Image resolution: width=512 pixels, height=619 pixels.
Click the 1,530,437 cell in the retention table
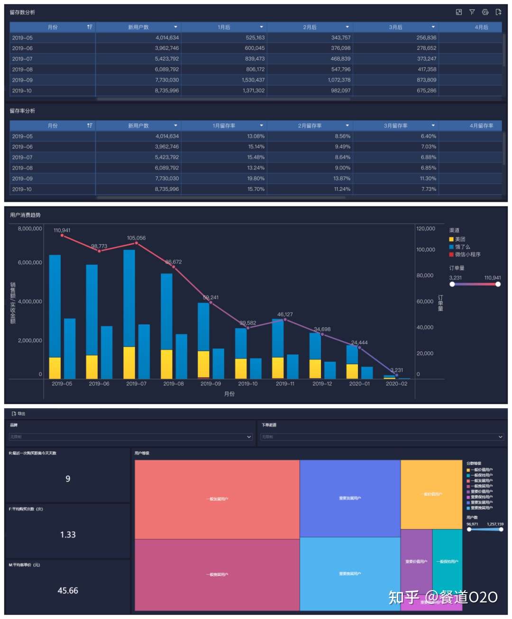pos(253,80)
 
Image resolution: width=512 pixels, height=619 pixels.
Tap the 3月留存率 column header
pos(395,126)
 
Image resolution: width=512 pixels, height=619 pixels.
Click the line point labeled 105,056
pos(137,243)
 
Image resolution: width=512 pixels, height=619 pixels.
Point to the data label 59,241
pos(211,297)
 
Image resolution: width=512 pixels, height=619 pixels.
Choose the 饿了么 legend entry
pos(462,247)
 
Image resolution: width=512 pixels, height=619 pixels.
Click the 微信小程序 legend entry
pos(467,254)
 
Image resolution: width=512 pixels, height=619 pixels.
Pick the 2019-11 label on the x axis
pos(285,384)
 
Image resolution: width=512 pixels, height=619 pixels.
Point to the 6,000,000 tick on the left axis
pos(30,262)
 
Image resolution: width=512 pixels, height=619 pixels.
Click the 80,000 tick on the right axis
pos(425,275)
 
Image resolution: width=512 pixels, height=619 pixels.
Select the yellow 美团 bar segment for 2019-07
pos(129,362)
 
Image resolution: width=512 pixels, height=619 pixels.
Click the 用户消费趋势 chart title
pos(26,215)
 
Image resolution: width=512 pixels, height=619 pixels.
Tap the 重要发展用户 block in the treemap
pos(350,498)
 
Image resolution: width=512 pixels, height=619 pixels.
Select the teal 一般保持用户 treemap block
pos(447,561)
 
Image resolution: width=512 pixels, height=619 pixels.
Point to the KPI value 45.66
pos(68,591)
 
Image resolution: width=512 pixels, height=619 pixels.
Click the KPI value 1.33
pos(68,535)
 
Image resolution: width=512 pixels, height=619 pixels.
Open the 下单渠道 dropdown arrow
pos(501,437)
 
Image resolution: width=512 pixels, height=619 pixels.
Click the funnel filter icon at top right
pos(472,12)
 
